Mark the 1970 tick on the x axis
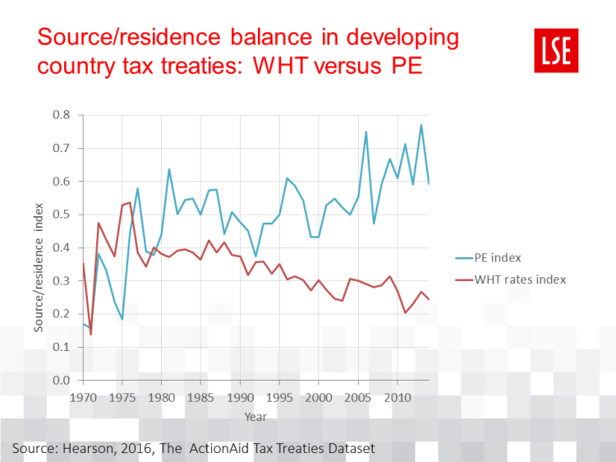[83, 397]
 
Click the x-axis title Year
[255, 417]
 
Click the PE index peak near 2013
[421, 125]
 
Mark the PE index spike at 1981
[169, 169]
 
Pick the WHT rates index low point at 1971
[90, 335]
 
